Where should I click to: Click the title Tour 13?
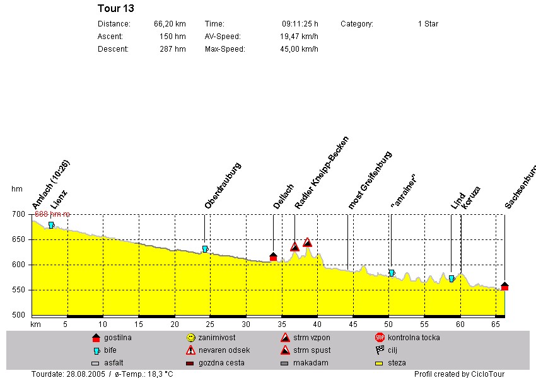tap(116, 8)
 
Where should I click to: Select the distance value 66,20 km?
tap(170, 24)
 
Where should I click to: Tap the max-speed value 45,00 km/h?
tap(299, 49)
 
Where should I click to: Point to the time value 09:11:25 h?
tap(300, 24)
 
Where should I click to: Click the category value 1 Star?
tap(428, 24)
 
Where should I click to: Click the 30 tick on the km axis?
tap(247, 324)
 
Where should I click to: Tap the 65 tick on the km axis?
tap(496, 324)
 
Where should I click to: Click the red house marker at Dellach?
tap(273, 256)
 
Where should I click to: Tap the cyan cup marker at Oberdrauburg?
tap(205, 249)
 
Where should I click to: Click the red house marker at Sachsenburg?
tap(504, 286)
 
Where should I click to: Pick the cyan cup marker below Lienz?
tap(52, 225)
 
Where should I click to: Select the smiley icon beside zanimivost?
tap(191, 338)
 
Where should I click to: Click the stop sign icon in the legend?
tap(380, 338)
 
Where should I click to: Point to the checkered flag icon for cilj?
tap(380, 350)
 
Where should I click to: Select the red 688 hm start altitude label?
tap(52, 214)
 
